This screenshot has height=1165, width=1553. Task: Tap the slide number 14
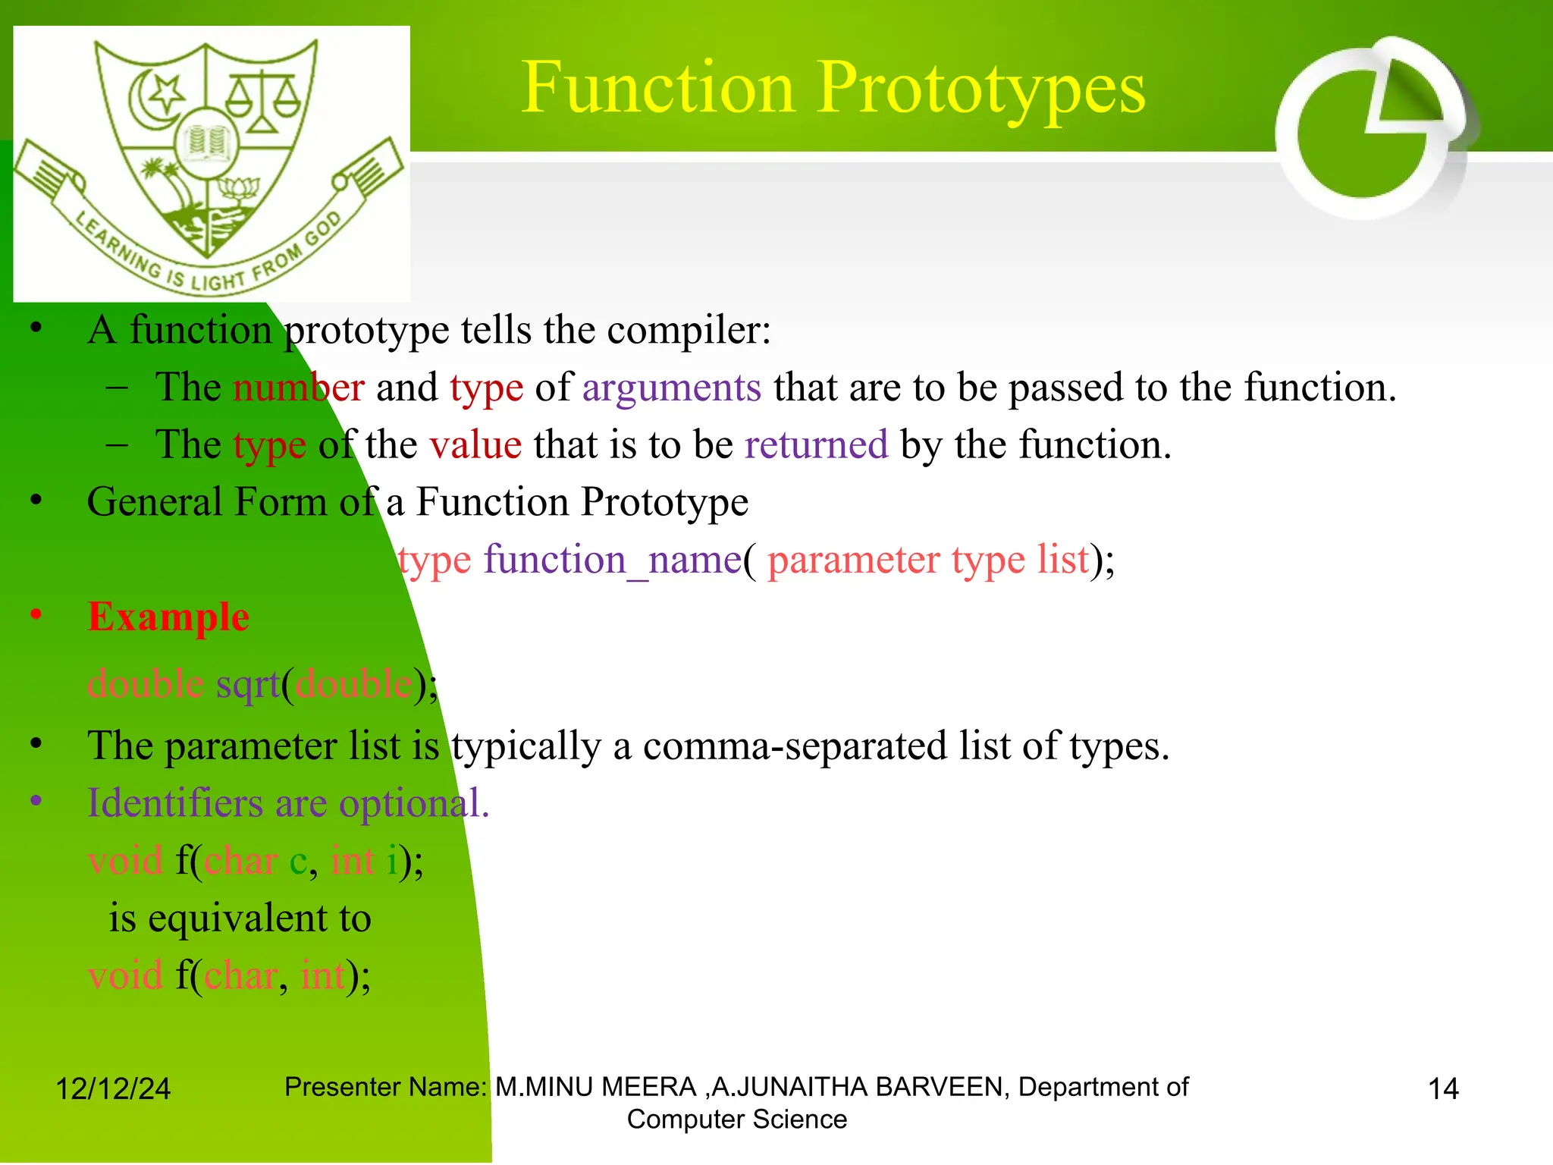1443,1089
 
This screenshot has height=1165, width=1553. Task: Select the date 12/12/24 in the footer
113,1089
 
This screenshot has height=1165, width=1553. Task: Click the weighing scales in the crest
262,99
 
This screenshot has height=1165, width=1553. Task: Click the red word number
298,388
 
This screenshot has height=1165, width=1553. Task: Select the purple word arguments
671,388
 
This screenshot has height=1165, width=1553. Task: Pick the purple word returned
816,445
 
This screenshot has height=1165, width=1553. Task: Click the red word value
475,445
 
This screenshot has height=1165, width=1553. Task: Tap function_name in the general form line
612,561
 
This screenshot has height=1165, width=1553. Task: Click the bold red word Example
168,617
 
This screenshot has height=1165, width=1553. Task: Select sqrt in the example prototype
248,684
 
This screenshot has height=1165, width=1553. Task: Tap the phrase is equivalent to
240,918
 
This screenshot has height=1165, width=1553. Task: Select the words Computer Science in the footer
736,1119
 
